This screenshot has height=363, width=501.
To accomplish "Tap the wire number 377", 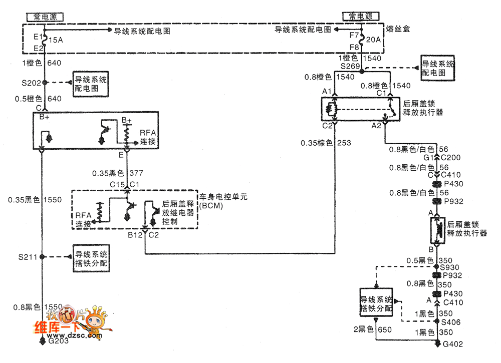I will (136, 173).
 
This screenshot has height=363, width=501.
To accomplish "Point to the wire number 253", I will (345, 143).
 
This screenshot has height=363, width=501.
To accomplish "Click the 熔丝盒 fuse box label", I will (398, 29).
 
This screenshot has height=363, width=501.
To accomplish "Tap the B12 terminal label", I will (134, 234).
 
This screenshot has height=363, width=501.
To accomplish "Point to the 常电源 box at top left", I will (46, 17).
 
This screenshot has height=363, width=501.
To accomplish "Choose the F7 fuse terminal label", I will (354, 36).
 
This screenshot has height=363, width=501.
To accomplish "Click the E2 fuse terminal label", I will (39, 48).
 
